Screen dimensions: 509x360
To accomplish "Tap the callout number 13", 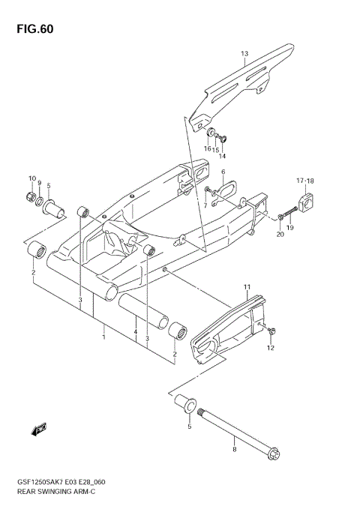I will pyautogui.click(x=244, y=54).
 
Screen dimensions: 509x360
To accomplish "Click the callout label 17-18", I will pyautogui.click(x=304, y=181).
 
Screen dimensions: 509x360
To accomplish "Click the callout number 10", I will pyautogui.click(x=32, y=178).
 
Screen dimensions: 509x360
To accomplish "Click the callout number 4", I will pyautogui.click(x=135, y=331).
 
